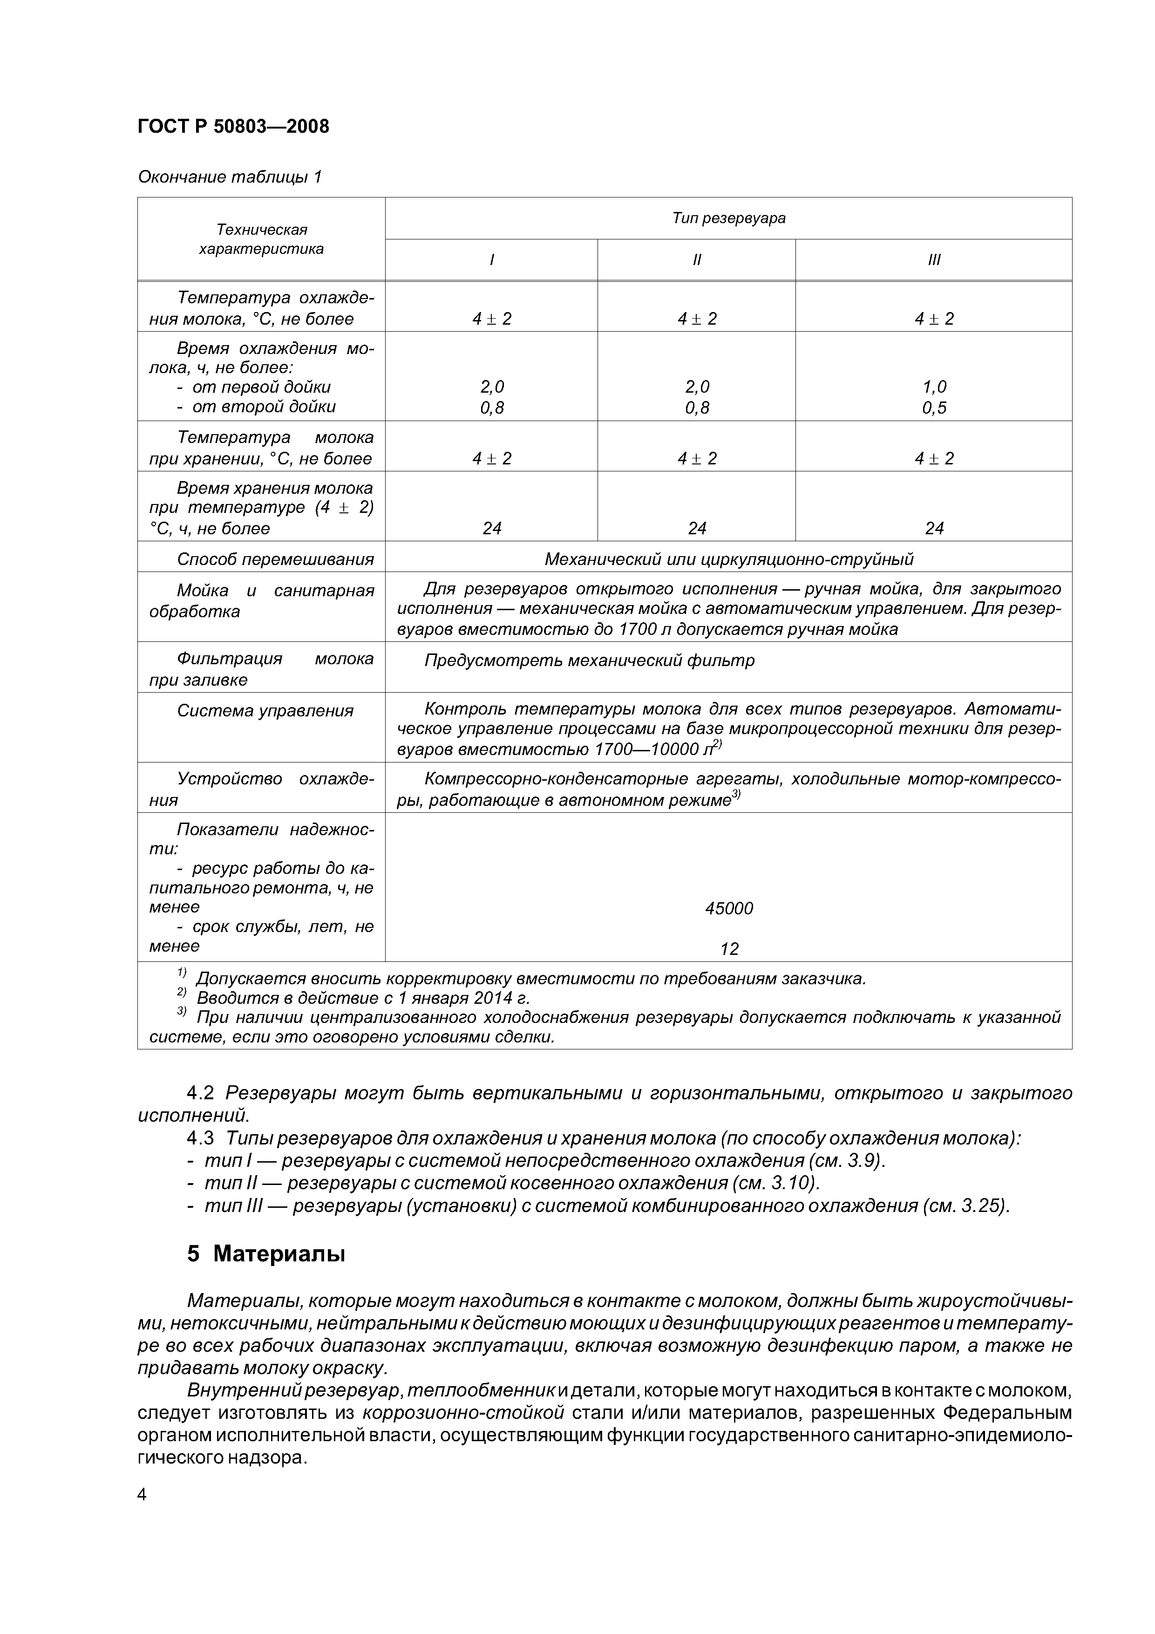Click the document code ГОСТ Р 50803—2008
coord(233,127)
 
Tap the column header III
coord(934,260)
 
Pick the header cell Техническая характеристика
coord(261,239)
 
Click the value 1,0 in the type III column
coord(934,387)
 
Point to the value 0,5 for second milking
coord(934,408)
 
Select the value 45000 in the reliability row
coord(729,908)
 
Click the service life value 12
coord(729,949)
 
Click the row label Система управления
coord(265,711)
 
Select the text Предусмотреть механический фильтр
coord(589,660)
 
